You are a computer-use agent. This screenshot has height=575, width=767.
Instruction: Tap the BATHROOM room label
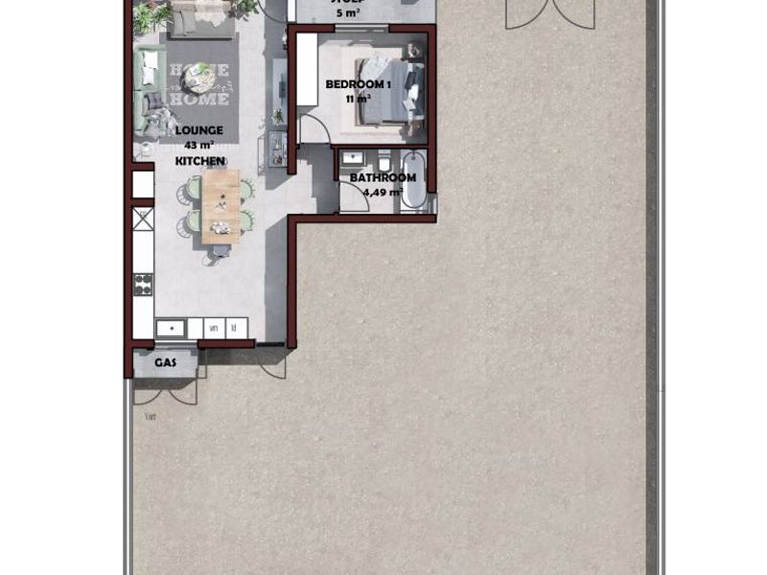pos(383,177)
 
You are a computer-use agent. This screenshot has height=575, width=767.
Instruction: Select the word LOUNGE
pos(199,130)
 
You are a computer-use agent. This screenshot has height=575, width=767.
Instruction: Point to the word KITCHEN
pos(200,161)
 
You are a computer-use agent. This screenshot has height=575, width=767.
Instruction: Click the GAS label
pos(167,362)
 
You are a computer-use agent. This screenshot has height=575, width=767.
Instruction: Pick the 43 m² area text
pos(199,146)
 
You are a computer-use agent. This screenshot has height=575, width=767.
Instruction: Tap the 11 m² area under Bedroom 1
pos(358,99)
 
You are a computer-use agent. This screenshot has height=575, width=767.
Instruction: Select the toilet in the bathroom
pos(384,160)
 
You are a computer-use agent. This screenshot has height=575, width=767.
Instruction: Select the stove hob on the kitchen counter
pos(143,284)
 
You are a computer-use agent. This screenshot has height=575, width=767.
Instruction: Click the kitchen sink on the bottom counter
pos(171,329)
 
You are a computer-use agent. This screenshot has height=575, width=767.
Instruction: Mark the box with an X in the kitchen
pos(143,218)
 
